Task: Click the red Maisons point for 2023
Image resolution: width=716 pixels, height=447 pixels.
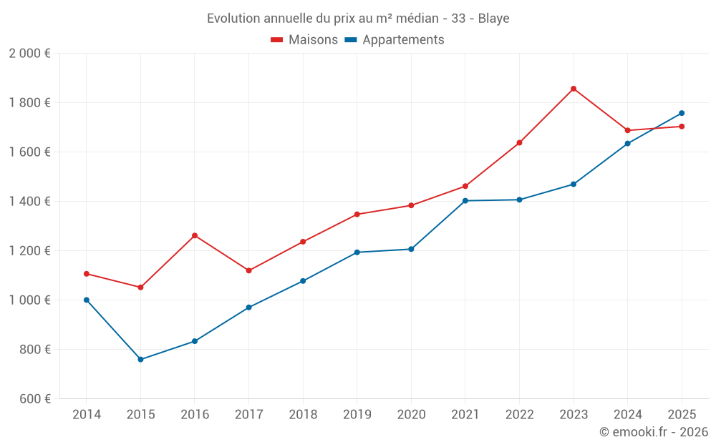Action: tap(574, 89)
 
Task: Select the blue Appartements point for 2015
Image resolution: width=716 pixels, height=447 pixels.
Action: tap(140, 360)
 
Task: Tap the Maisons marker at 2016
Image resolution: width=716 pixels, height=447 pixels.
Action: tap(195, 235)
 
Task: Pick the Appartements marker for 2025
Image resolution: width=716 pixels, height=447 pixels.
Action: tap(682, 113)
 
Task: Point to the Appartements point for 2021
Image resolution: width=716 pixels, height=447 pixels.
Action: tap(465, 201)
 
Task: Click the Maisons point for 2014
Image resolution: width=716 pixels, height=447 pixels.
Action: tap(87, 274)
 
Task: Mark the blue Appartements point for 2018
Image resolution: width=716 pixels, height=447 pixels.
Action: tap(303, 281)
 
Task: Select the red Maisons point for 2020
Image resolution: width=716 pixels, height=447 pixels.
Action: tap(411, 205)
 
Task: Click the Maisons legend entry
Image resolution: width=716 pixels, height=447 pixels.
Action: tap(304, 40)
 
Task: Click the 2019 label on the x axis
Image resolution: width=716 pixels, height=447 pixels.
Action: tap(357, 415)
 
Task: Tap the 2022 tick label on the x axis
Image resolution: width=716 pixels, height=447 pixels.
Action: tap(519, 415)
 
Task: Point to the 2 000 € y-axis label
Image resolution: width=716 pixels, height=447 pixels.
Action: tap(29, 54)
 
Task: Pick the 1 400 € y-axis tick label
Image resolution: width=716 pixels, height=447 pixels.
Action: tap(29, 202)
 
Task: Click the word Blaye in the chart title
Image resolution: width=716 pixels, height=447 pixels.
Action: tap(493, 19)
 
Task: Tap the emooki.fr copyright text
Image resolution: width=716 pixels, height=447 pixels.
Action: tap(653, 432)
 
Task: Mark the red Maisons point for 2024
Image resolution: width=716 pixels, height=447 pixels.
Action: tap(628, 130)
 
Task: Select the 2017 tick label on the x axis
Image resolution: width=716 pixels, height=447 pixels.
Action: tap(248, 415)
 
